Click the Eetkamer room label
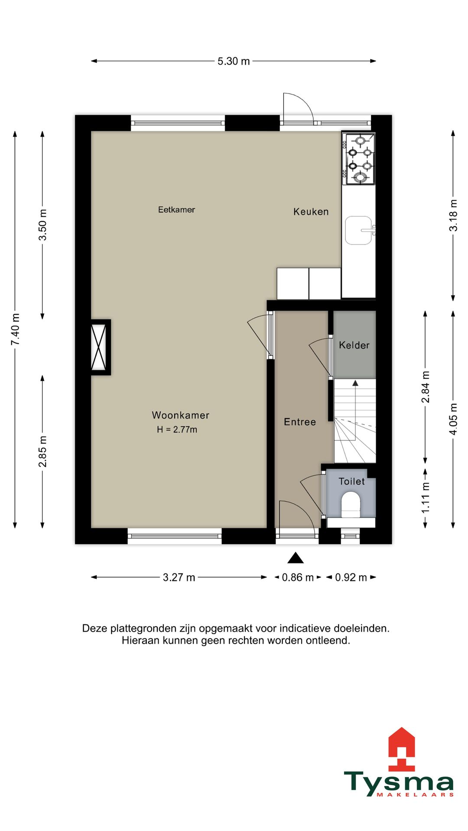point(176,209)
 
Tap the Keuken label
point(311,212)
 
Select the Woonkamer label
point(181,415)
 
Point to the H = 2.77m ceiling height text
point(177,429)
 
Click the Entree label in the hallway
point(300,422)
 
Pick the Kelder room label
point(354,345)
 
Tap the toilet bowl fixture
point(351,505)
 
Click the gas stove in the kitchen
point(358,158)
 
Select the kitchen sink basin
point(359,230)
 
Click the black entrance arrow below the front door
point(296,558)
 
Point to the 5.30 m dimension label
point(234,61)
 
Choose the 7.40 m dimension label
point(15,329)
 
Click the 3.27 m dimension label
point(179,577)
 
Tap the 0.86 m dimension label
point(298,577)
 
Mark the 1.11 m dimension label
point(426,498)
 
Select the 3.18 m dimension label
point(453,215)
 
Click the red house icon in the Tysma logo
point(402,750)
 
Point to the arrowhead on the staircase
point(355,383)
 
